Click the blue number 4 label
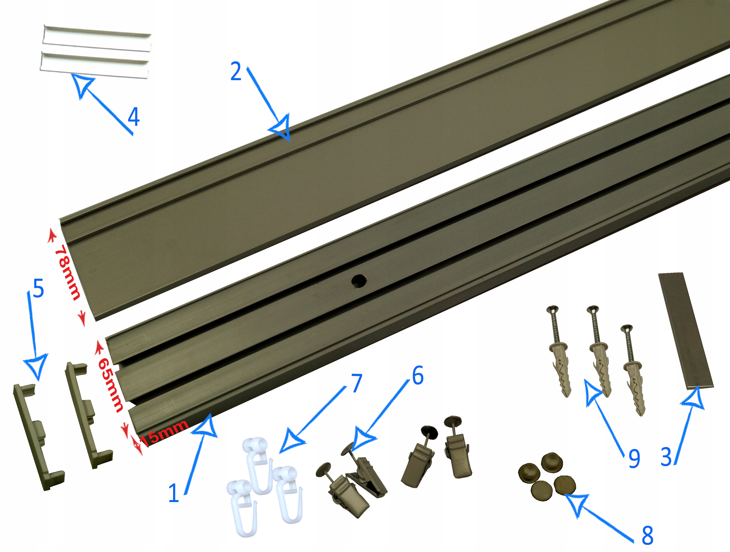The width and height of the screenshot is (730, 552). [x=134, y=117]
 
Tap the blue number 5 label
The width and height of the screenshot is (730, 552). [x=38, y=288]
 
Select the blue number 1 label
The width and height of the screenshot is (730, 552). [x=174, y=493]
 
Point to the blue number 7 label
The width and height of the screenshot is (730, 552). [x=356, y=383]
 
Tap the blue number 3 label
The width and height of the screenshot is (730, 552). [x=666, y=457]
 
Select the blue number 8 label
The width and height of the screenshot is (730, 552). [x=648, y=535]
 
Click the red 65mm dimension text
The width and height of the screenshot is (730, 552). [x=111, y=385]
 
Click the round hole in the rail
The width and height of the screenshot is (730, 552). [x=359, y=281]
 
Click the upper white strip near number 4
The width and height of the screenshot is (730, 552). [x=97, y=39]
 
